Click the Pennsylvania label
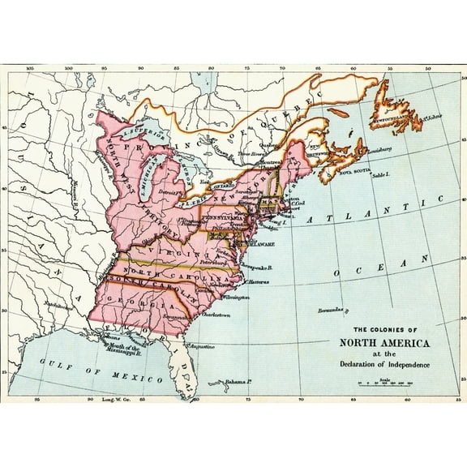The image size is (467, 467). [x=217, y=219]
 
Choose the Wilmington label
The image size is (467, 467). [x=240, y=298]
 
